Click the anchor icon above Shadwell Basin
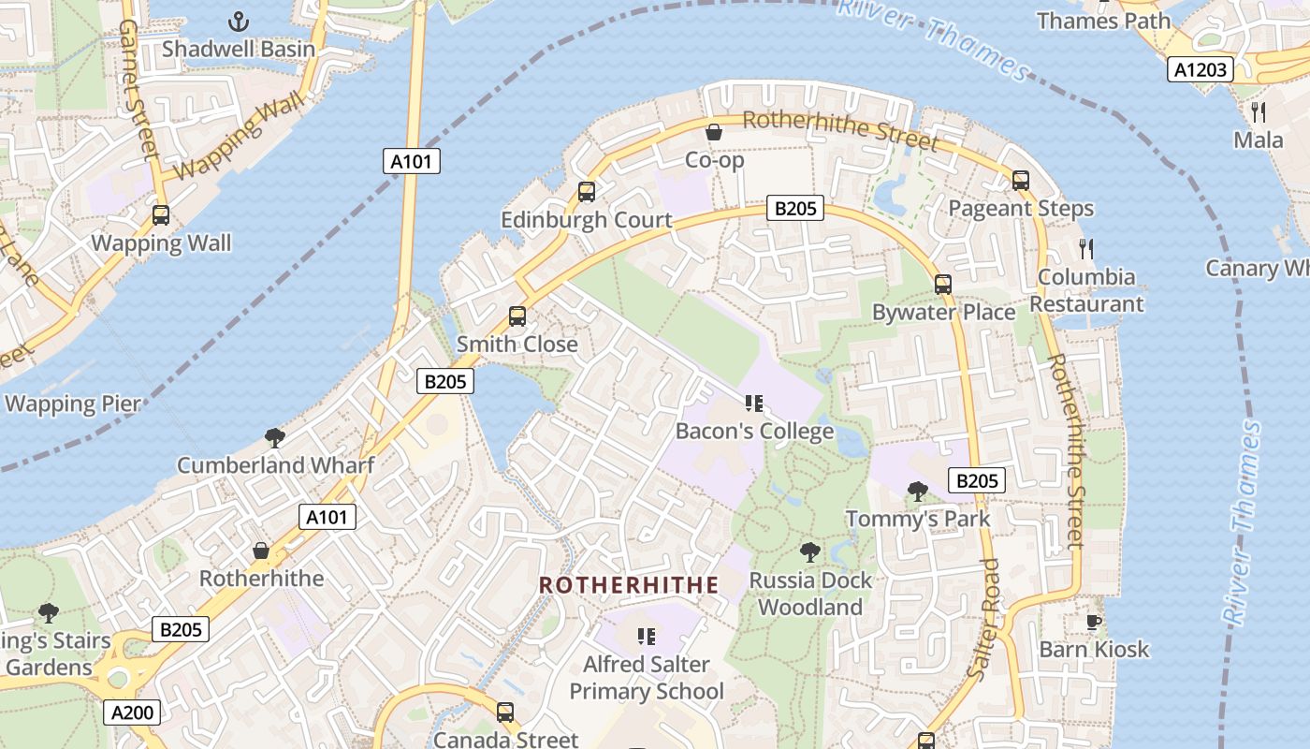240,21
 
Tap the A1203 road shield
1201,68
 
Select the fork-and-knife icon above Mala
1259,112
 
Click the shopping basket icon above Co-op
713,132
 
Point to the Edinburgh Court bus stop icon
587,192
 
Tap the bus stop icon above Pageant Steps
1021,181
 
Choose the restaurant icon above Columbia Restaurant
1085,249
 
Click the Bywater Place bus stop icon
943,285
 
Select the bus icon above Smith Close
517,316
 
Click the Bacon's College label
754,432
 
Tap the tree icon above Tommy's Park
918,491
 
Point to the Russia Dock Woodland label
809,594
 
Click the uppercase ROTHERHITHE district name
629,585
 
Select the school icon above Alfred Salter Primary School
646,637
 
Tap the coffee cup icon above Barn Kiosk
1093,622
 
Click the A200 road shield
132,712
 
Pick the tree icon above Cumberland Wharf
275,437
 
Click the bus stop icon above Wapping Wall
161,215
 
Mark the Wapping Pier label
73,404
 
